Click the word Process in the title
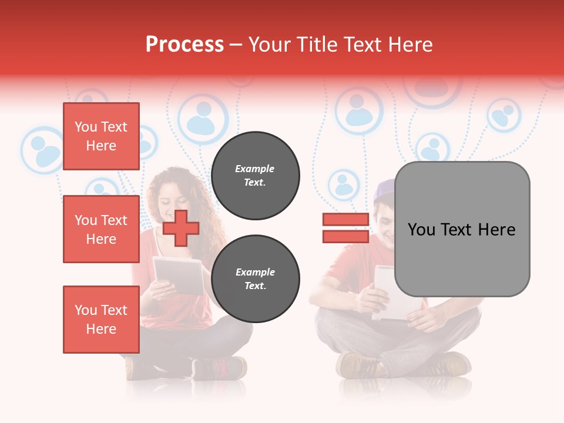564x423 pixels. point(184,45)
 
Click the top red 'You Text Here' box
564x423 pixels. point(101,136)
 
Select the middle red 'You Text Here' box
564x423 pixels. point(101,229)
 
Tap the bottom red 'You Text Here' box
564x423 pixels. point(101,319)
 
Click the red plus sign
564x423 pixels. point(180,228)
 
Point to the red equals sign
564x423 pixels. point(345,228)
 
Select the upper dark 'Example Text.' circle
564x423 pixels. point(255,175)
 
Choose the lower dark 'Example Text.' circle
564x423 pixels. point(255,278)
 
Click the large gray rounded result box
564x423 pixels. point(462,229)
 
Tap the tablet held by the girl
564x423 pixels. point(179,274)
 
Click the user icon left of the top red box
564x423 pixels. point(42,150)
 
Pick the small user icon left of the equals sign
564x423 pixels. point(343,184)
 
